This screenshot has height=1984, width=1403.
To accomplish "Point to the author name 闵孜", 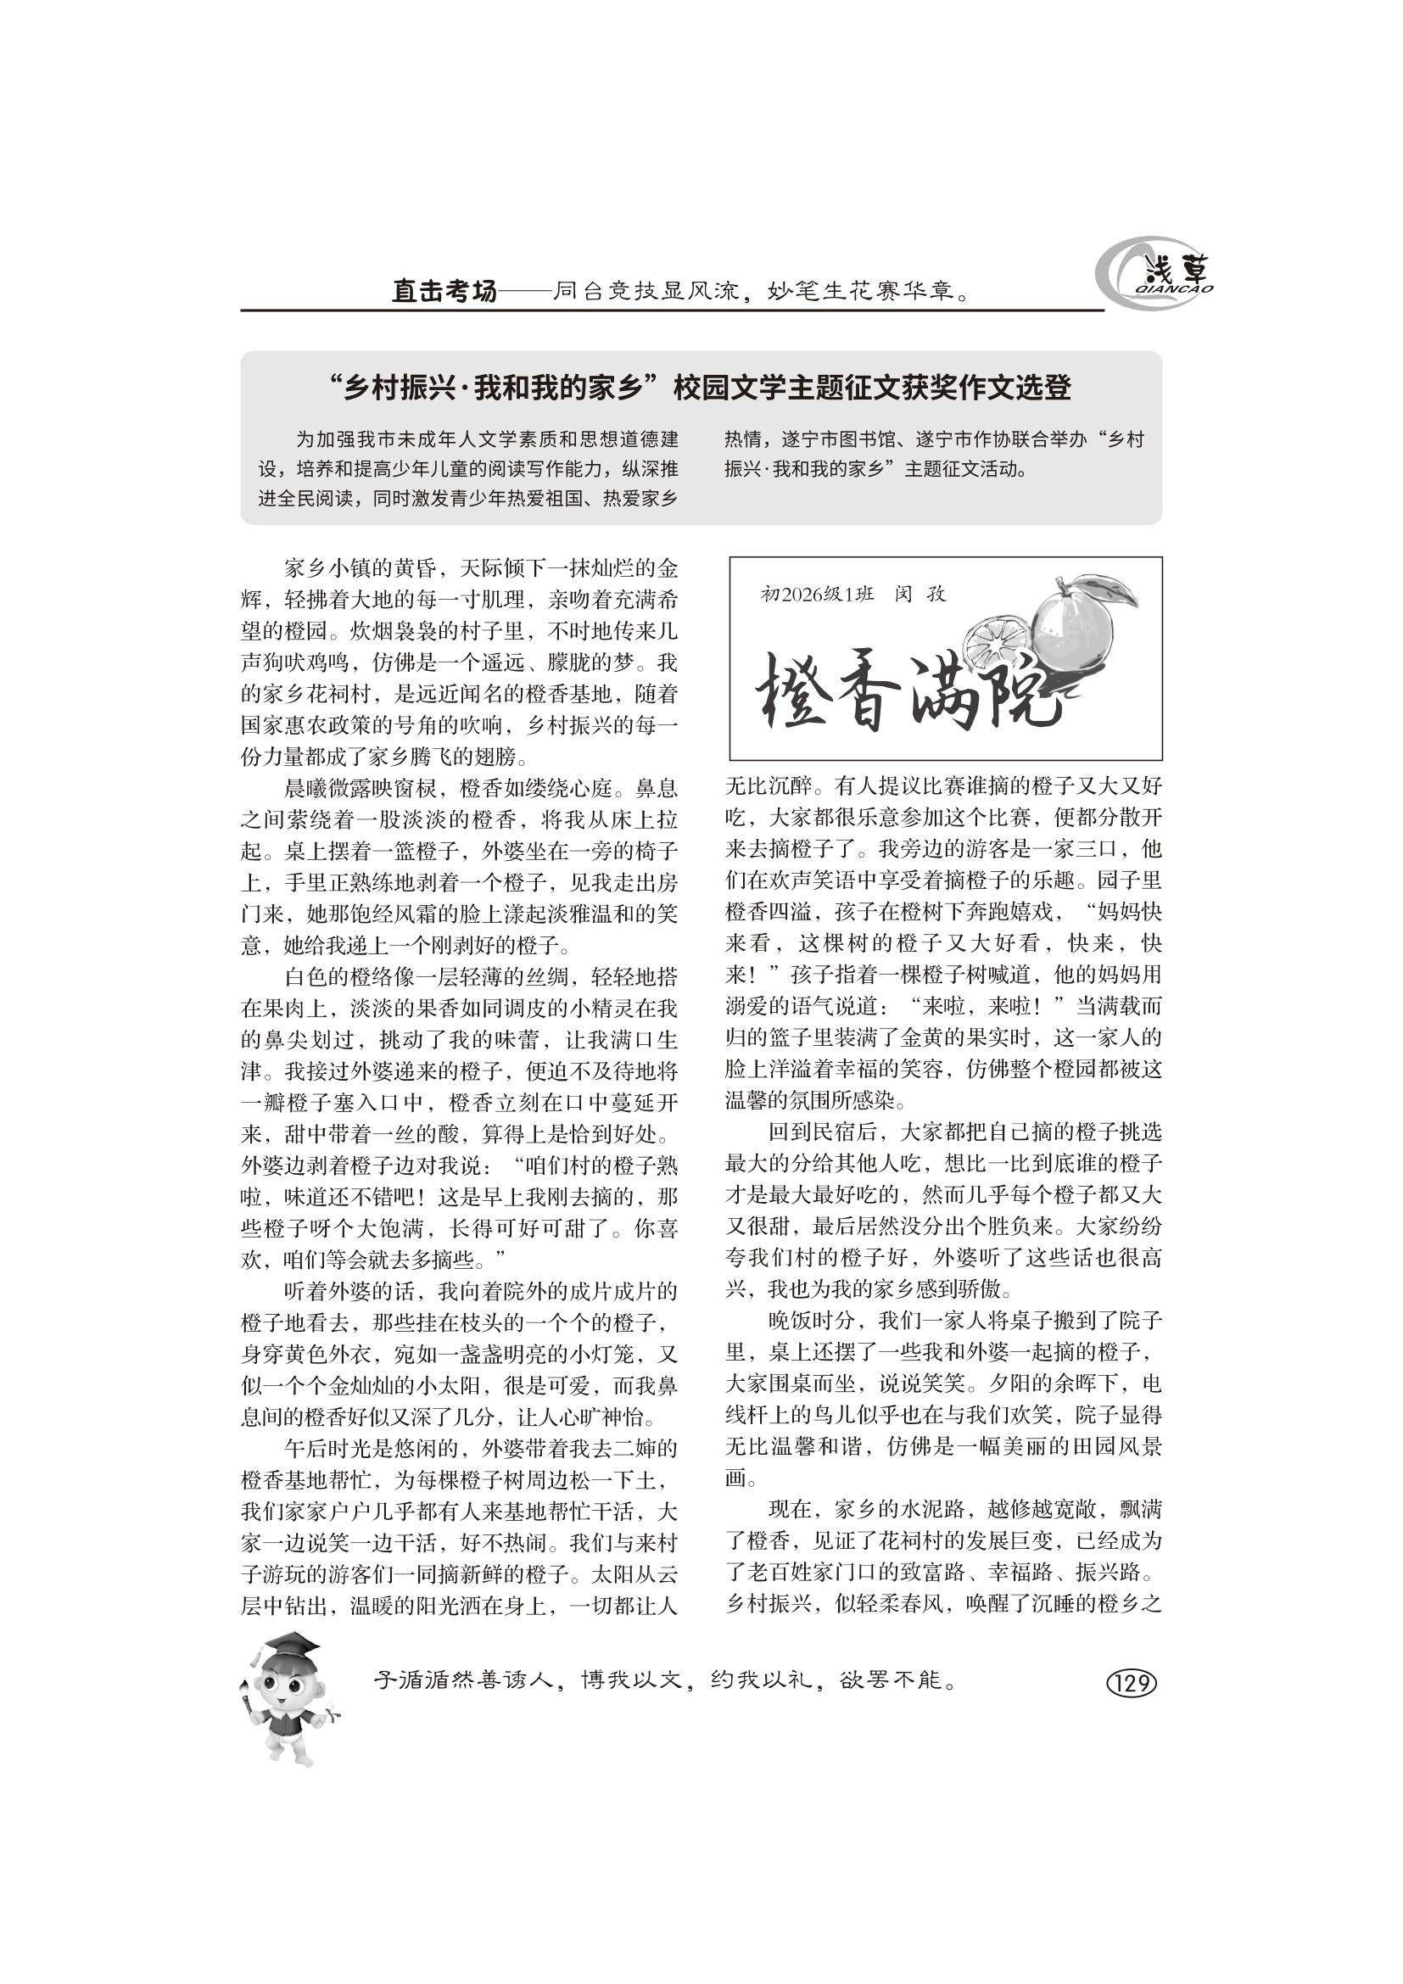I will [x=920, y=595].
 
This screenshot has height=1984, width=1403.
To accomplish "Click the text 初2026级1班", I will [x=817, y=595].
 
